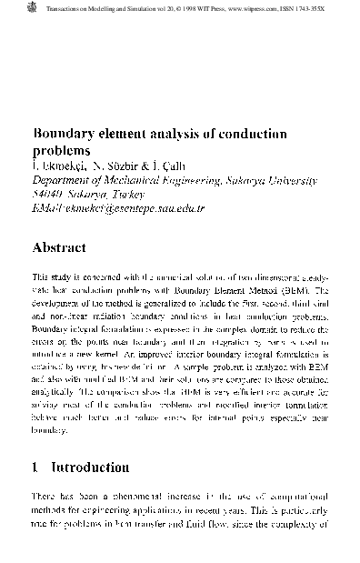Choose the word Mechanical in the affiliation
click(135, 180)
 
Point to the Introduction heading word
click(89, 467)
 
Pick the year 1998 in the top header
click(189, 6)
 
